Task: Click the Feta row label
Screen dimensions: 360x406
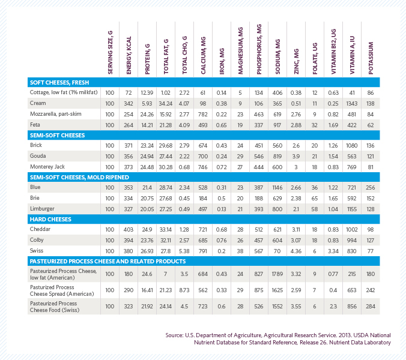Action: pyautogui.click(x=35, y=124)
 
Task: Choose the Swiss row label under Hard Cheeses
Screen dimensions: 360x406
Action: pyautogui.click(x=37, y=251)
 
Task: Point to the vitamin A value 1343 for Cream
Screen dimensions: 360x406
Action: pyautogui.click(x=353, y=103)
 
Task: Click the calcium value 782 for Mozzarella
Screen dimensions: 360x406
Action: pyautogui.click(x=203, y=114)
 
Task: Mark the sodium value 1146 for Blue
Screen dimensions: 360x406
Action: pyautogui.click(x=277, y=187)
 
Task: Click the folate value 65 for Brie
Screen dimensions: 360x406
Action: pyautogui.click(x=315, y=198)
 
